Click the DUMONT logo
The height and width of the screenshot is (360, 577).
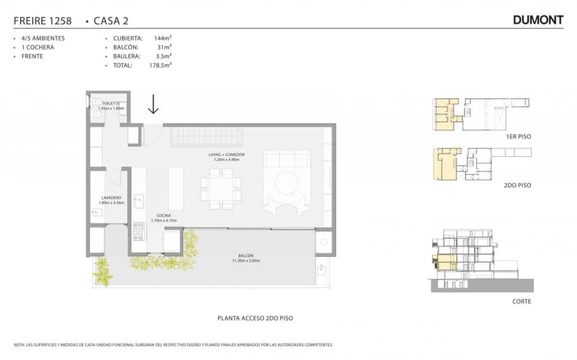click(537, 20)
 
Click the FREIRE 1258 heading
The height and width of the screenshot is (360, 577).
click(42, 21)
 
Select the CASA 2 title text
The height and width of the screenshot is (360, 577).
click(111, 21)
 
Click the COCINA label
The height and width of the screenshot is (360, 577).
click(164, 217)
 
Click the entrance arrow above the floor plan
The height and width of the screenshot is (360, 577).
click(153, 104)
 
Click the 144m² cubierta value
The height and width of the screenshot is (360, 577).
click(162, 38)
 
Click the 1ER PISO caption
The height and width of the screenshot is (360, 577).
click(518, 137)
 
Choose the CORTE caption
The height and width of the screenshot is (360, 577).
click(521, 302)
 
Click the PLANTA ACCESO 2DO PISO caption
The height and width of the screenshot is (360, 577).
click(255, 318)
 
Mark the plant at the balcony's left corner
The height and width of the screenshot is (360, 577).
click(103, 272)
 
